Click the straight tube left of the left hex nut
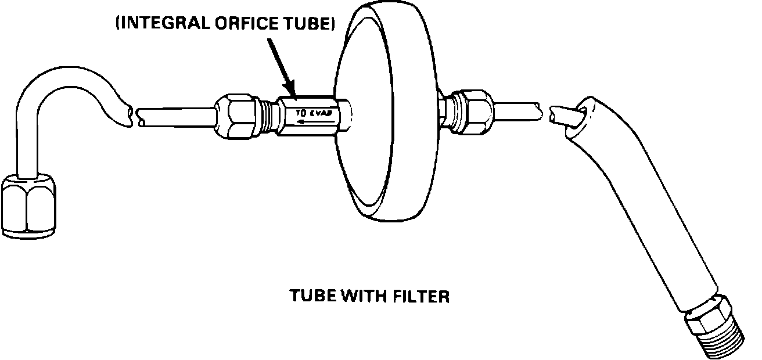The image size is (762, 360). [174, 113]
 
